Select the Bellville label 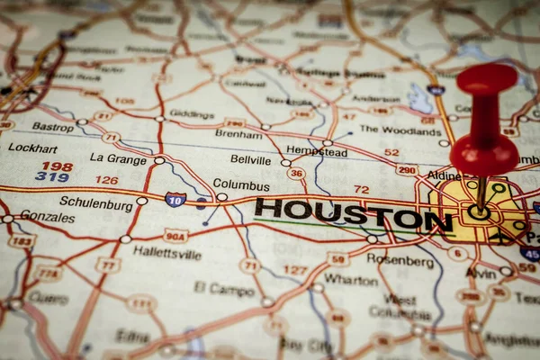pyautogui.click(x=250, y=159)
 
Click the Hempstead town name pyautogui.click(x=317, y=152)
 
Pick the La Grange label pyautogui.click(x=118, y=157)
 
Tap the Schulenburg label pyautogui.click(x=96, y=204)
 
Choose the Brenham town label pyautogui.click(x=238, y=134)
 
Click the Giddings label pyautogui.click(x=192, y=114)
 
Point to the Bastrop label pyautogui.click(x=53, y=128)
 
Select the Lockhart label pyautogui.click(x=33, y=148)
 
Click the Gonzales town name pyautogui.click(x=48, y=217)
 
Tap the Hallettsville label pyautogui.click(x=167, y=253)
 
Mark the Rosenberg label pyautogui.click(x=400, y=260)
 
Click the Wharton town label pyautogui.click(x=351, y=279)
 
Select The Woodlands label pyautogui.click(x=400, y=130)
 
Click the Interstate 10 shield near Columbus pyautogui.click(x=175, y=199)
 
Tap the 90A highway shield pyautogui.click(x=176, y=236)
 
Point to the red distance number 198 pyautogui.click(x=57, y=166)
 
